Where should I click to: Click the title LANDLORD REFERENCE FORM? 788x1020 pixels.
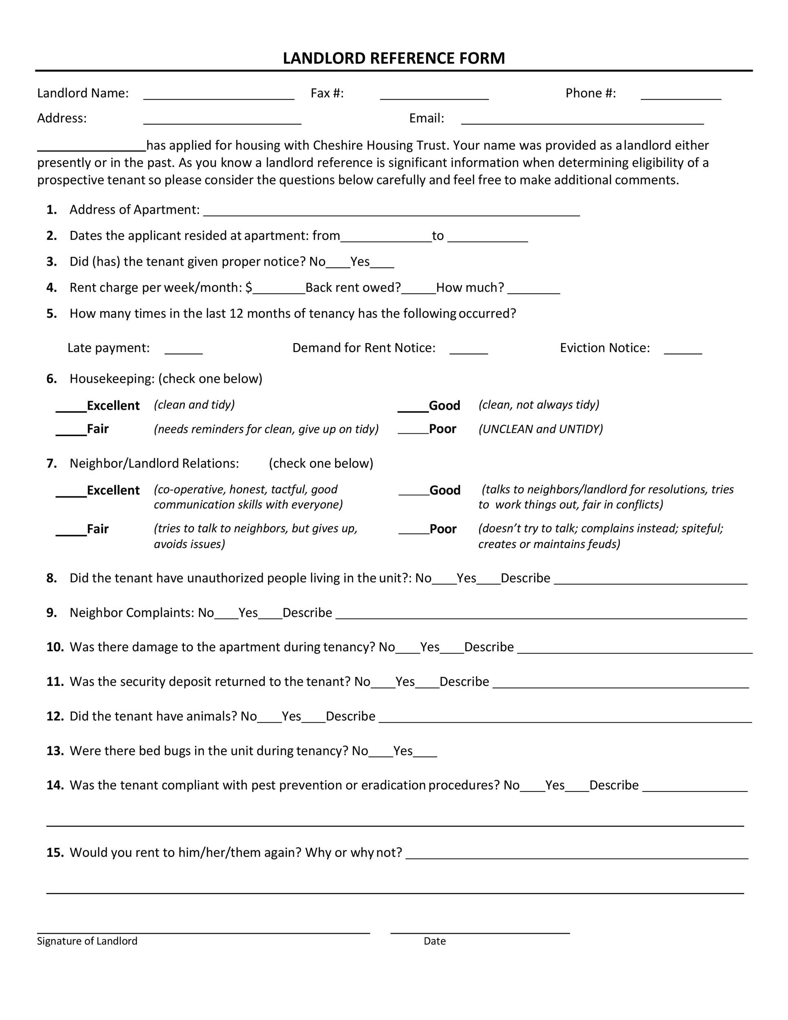point(394,58)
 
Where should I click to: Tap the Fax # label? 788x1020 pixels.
point(327,93)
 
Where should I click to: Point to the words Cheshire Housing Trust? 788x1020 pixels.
point(380,146)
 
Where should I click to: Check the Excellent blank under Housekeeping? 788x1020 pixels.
point(71,408)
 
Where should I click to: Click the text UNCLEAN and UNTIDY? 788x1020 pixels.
point(540,429)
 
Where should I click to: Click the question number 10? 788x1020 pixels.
point(55,647)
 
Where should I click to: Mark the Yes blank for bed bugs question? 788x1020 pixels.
point(425,752)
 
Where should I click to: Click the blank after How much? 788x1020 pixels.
point(533,290)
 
